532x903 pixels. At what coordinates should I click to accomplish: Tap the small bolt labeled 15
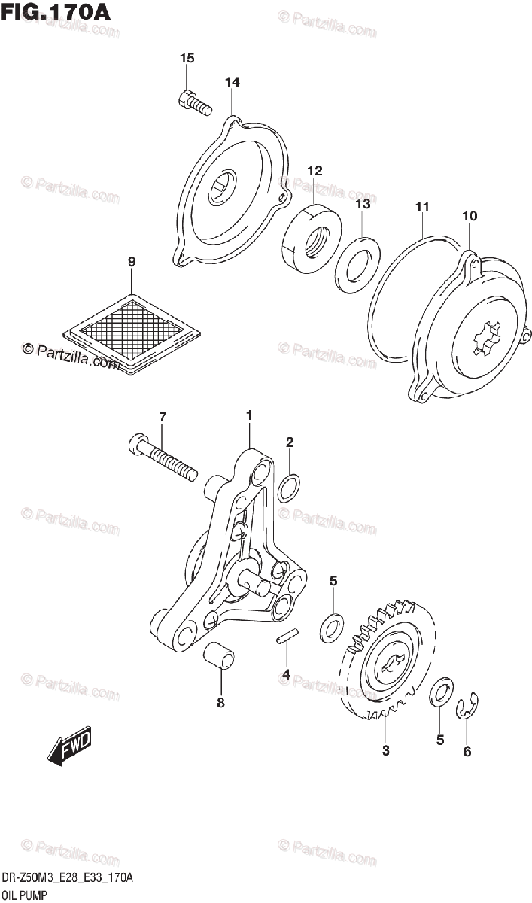[193, 102]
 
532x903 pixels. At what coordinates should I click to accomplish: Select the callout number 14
[232, 82]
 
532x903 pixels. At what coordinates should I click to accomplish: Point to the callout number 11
[421, 205]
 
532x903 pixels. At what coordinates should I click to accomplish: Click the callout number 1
[249, 415]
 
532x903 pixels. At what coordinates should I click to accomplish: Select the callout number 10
[470, 216]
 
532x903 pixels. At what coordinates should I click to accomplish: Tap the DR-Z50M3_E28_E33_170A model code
[67, 878]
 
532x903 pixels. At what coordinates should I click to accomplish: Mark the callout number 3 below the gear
[385, 750]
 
